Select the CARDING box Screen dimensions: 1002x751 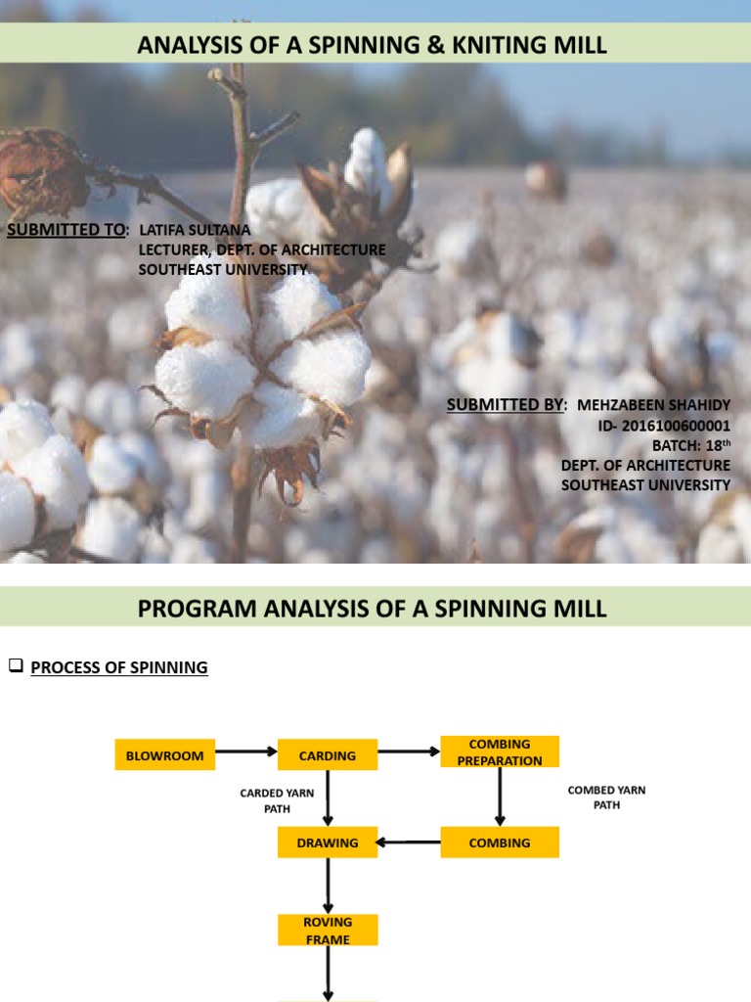[328, 755]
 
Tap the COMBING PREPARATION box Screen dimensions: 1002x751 [500, 752]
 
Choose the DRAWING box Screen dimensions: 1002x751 [328, 843]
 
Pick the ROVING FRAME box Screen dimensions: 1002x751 [328, 930]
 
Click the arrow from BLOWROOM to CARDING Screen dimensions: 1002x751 [245, 752]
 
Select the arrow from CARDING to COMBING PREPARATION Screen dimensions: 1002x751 [409, 752]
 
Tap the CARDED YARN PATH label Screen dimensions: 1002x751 [277, 800]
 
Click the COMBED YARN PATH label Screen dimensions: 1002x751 [606, 797]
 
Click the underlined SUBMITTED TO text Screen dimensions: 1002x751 [66, 230]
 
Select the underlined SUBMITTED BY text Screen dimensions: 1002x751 [505, 405]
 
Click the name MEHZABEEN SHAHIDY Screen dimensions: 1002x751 [653, 405]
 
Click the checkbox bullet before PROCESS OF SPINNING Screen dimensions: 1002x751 [15, 667]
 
